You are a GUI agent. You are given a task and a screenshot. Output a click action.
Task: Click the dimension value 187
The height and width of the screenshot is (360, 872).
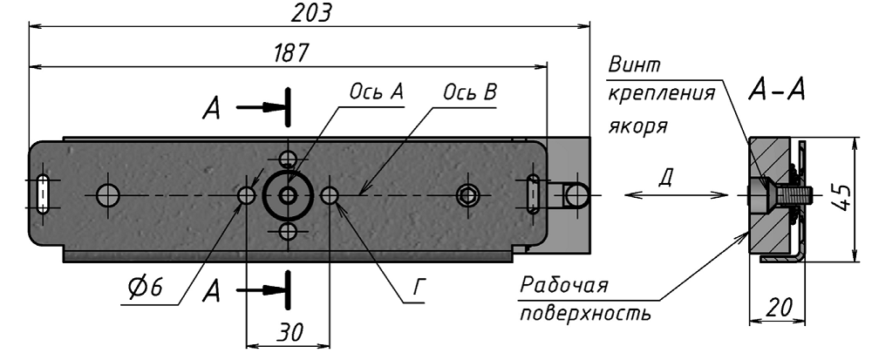[290, 52]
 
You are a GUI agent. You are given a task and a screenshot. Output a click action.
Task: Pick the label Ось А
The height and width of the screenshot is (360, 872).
[377, 92]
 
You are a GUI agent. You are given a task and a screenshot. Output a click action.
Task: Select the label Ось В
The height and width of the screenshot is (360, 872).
[471, 92]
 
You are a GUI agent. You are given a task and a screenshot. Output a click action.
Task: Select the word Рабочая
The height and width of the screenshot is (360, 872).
[563, 286]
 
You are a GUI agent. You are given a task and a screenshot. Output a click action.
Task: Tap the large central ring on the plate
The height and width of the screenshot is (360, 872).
[287, 196]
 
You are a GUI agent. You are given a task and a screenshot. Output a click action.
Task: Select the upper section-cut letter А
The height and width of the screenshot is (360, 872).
[211, 109]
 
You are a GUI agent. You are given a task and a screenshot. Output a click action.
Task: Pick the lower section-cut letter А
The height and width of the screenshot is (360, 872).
[211, 292]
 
